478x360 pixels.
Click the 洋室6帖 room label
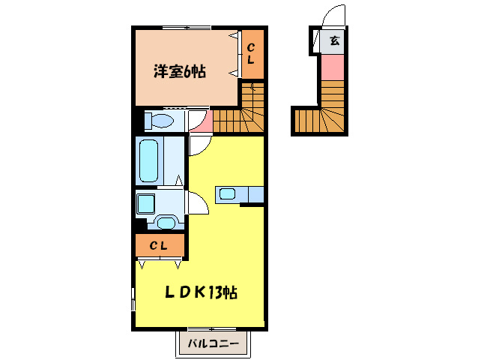[180, 72]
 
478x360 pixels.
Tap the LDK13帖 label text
[202, 292]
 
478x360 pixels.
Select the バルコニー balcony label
[213, 345]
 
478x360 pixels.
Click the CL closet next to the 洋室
[252, 54]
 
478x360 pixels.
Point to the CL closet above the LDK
[160, 245]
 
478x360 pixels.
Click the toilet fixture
[159, 120]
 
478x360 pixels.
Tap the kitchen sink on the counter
[228, 195]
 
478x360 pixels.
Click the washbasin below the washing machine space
[166, 222]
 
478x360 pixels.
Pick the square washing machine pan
[146, 202]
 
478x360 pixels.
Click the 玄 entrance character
[333, 41]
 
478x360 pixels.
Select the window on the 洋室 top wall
[183, 28]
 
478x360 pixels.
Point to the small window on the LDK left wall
[134, 300]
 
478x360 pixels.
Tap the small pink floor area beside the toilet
[198, 121]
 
